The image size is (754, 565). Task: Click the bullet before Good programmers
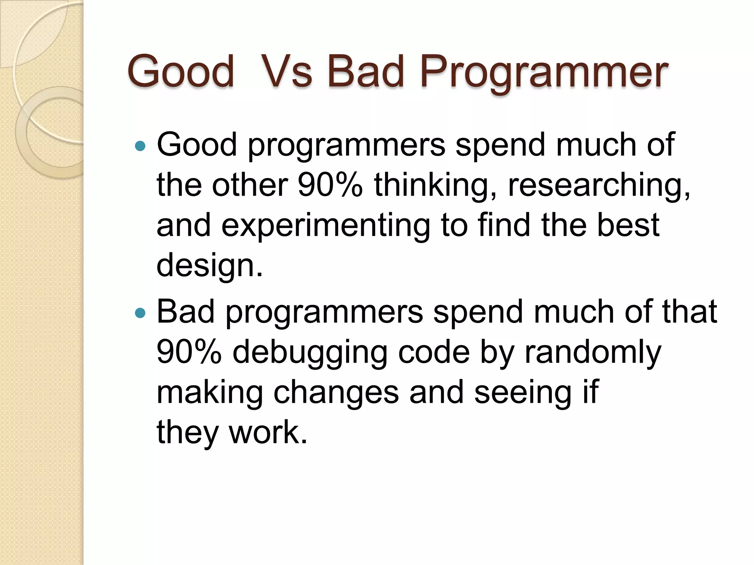(140, 146)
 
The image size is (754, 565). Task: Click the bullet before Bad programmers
(140, 313)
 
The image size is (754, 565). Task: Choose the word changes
(336, 393)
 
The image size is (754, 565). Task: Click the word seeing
(523, 393)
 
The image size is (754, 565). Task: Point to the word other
(250, 185)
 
